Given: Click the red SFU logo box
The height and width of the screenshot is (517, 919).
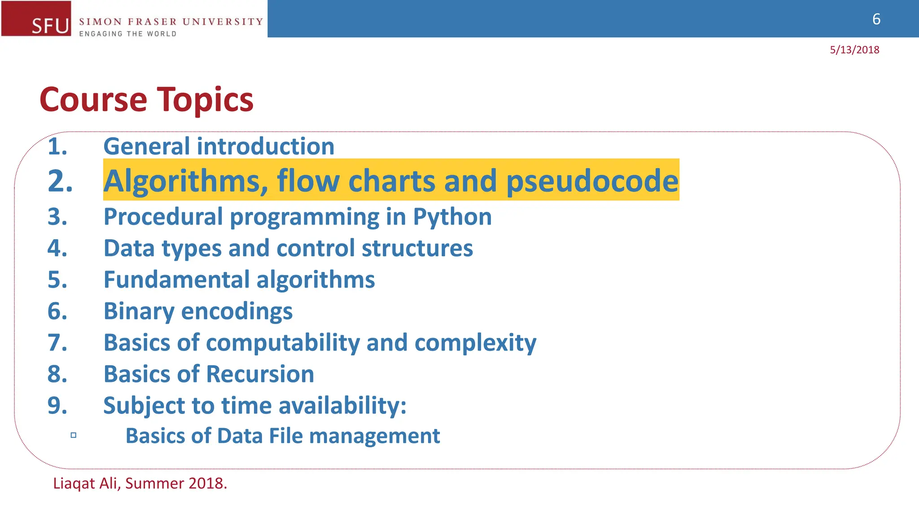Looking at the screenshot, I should pos(36,18).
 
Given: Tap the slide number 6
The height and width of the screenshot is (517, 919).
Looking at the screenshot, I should pos(876,19).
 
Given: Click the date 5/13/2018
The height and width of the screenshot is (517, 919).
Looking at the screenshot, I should pos(854,50).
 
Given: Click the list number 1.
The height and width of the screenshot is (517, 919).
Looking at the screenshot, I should pos(57,147).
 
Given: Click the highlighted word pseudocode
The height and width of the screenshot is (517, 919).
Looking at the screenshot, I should pos(592,181).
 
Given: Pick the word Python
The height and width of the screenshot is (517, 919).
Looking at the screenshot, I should pos(452,217).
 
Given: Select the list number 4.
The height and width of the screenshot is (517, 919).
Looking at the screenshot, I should pos(57,248).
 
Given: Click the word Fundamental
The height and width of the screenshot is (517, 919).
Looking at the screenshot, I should pos(176,280).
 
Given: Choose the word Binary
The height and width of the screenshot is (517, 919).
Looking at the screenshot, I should pos(139,311).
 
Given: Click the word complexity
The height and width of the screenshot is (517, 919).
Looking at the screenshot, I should pos(475,343).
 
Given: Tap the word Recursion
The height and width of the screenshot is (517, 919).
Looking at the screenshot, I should pos(260,374).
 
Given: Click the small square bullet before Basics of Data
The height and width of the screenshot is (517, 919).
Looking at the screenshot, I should pos(74,435).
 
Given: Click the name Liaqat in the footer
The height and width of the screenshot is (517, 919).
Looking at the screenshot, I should pos(74,484).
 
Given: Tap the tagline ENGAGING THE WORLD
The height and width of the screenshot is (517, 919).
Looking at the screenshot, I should pos(128,34).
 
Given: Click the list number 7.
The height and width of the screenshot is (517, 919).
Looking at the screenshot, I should pos(57,343).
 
